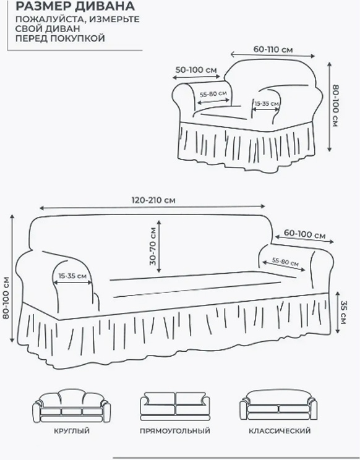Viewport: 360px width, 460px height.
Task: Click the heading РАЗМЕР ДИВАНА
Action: click(x=75, y=6)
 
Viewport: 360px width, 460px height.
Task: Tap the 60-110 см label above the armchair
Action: click(x=273, y=49)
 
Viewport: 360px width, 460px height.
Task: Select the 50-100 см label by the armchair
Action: click(x=196, y=70)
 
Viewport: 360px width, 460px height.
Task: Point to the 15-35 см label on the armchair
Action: click(x=267, y=103)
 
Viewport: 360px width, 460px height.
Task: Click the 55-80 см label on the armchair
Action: click(x=213, y=94)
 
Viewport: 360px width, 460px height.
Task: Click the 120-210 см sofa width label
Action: click(x=153, y=200)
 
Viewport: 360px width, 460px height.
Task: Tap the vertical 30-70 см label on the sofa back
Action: click(x=153, y=247)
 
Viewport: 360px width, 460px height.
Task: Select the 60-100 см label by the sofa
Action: click(x=304, y=234)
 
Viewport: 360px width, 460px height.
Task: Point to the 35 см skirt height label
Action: click(x=343, y=312)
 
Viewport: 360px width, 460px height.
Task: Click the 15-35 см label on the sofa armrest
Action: click(x=72, y=276)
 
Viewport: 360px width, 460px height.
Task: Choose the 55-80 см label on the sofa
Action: click(x=285, y=262)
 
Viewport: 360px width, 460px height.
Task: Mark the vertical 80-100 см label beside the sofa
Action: click(x=6, y=298)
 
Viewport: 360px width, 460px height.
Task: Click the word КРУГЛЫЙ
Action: click(x=72, y=431)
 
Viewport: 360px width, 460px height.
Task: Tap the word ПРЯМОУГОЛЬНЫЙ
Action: click(x=175, y=431)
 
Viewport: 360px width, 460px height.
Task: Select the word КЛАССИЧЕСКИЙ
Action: click(x=280, y=431)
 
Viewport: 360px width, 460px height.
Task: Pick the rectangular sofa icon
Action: click(x=175, y=406)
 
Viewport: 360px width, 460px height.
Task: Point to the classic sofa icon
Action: click(x=278, y=405)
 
